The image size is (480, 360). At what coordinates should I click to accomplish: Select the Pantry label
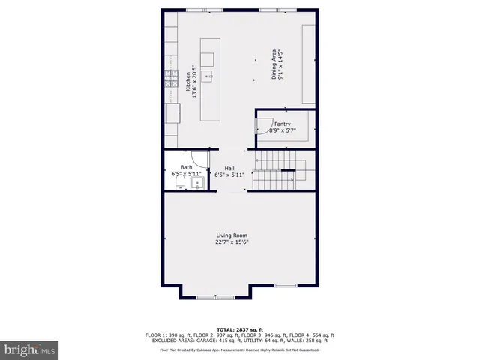[x=282, y=124]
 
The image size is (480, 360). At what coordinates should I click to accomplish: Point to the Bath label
[x=186, y=168]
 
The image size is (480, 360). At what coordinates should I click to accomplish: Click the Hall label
[x=230, y=168]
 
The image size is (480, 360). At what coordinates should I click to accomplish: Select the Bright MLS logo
[x=30, y=349]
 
